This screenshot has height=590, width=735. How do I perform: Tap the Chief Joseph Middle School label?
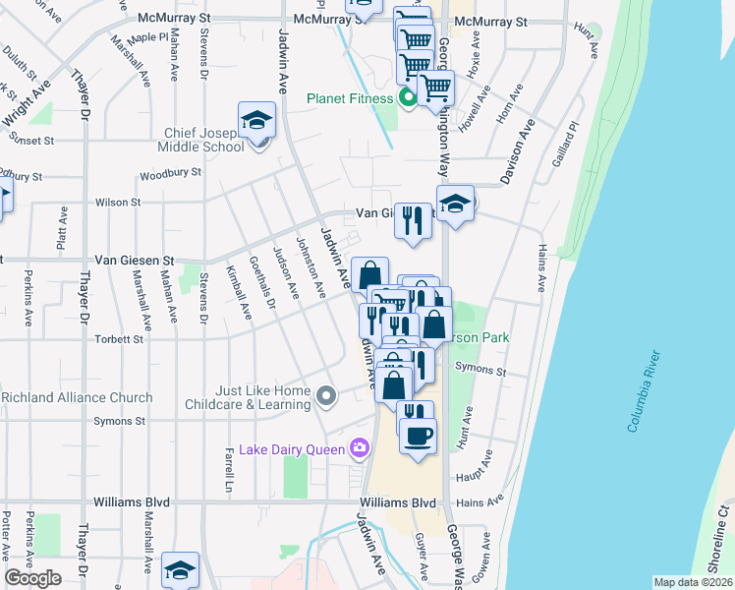click(200, 141)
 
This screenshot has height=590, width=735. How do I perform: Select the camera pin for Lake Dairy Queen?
click(360, 449)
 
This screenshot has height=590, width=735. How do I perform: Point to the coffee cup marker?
click(418, 435)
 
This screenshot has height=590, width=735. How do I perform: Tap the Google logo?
click(32, 578)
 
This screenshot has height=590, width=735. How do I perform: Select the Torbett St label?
click(119, 339)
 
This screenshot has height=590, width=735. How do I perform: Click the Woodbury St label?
click(170, 172)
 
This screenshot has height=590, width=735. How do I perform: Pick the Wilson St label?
click(118, 203)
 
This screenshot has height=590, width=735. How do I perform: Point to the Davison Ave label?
click(515, 153)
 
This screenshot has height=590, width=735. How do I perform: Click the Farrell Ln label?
click(229, 461)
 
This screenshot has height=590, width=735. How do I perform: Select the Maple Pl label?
click(149, 37)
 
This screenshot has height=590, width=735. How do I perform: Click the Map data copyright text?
click(693, 582)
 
